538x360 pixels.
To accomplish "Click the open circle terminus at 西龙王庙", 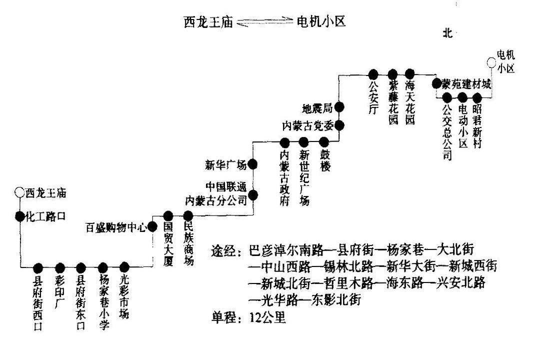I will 19,192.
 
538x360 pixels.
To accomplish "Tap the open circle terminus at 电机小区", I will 491,62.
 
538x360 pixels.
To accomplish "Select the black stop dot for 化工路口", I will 19,216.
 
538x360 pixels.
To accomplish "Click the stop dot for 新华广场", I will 253,163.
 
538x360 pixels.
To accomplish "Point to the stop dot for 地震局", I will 339,106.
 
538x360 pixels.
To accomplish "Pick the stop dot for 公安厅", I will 373,74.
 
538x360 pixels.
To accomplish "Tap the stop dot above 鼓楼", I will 324,142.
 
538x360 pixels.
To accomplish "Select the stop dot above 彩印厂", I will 60,267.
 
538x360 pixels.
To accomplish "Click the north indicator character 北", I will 447,33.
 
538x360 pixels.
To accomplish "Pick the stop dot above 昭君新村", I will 477,97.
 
